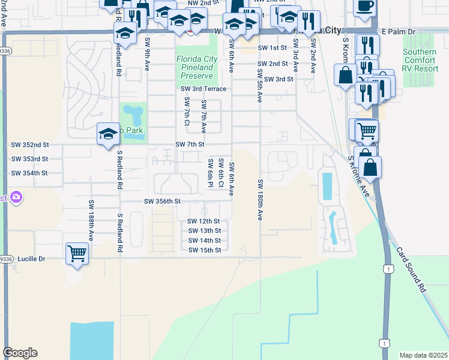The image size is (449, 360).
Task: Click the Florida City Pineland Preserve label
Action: tap(195, 68)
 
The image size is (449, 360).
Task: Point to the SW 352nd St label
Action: tap(29, 145)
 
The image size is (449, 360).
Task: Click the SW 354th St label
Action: tap(29, 173)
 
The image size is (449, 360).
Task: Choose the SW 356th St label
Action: tap(162, 202)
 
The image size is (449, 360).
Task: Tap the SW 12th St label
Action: tap(204, 221)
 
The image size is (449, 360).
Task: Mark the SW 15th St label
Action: tap(204, 250)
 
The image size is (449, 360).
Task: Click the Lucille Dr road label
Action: tap(29, 259)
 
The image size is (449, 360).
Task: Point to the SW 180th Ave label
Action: tap(261, 199)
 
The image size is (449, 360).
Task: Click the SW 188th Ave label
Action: tap(91, 220)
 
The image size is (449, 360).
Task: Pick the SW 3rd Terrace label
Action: tap(204, 89)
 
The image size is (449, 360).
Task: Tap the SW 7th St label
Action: tap(190, 145)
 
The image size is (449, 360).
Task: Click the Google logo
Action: tap(20, 353)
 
